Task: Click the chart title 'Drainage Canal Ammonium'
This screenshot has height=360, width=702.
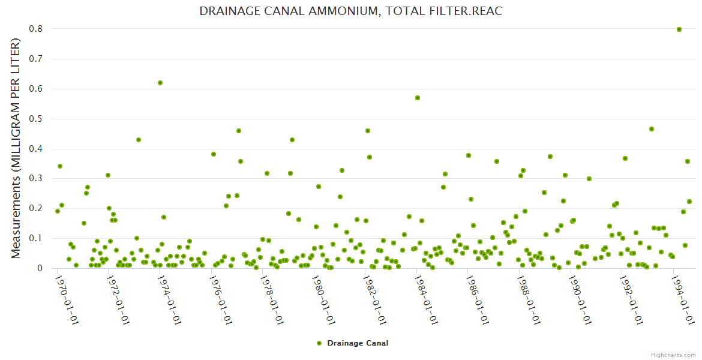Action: coord(350,11)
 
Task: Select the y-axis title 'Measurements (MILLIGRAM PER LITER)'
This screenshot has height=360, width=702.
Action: coord(16,148)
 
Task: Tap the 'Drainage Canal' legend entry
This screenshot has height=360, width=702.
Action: coord(353,343)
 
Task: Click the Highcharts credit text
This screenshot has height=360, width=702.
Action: coord(673,355)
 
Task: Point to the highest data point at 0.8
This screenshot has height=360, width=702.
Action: coord(679,29)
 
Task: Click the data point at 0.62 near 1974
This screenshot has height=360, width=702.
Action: coord(160,83)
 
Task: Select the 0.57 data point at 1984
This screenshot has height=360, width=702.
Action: coord(418,98)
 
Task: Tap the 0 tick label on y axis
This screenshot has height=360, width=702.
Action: coord(40,268)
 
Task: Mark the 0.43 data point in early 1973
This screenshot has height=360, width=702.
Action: coord(139,140)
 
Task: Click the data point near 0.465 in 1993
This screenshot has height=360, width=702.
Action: coord(652,129)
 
